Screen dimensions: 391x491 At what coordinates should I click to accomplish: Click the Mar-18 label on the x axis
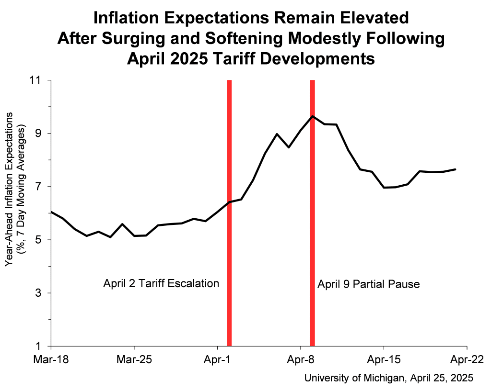pyautogui.click(x=51, y=359)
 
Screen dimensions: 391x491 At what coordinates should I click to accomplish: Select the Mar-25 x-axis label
pyautogui.click(x=134, y=359)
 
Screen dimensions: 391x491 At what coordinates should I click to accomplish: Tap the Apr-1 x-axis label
pyautogui.click(x=218, y=359)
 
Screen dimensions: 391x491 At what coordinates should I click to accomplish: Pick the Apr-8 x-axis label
pyautogui.click(x=301, y=359)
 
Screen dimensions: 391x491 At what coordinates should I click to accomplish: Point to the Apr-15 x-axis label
pyautogui.click(x=384, y=359)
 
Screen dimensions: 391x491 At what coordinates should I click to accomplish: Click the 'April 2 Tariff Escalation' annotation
pyautogui.click(x=161, y=283)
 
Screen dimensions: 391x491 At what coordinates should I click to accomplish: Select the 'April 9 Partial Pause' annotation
pyautogui.click(x=369, y=285)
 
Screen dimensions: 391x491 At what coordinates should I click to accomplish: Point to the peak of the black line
pyautogui.click(x=313, y=116)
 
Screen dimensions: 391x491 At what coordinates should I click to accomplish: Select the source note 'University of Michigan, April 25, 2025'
pyautogui.click(x=389, y=378)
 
